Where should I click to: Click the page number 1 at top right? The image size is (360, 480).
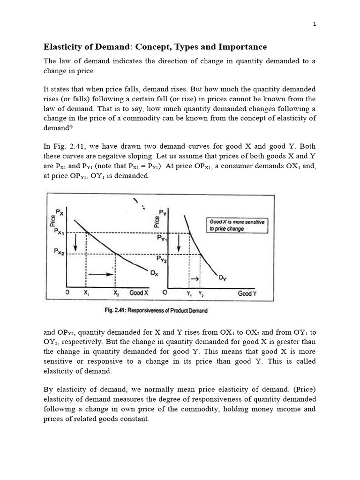[x=315, y=25]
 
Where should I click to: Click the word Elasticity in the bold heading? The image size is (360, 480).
[x=64, y=47]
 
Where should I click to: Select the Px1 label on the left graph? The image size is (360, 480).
[x=60, y=232]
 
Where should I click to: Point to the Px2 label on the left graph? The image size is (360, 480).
[x=60, y=253]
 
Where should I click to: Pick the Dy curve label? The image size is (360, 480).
[x=223, y=278]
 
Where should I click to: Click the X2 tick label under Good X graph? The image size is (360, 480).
[x=116, y=292]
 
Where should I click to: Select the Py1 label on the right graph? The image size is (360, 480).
[x=162, y=239]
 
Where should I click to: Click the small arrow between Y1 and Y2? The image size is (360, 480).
[x=195, y=279]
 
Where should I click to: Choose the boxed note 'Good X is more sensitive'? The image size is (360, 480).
[x=236, y=225]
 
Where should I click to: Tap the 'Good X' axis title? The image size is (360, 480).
[x=139, y=292]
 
